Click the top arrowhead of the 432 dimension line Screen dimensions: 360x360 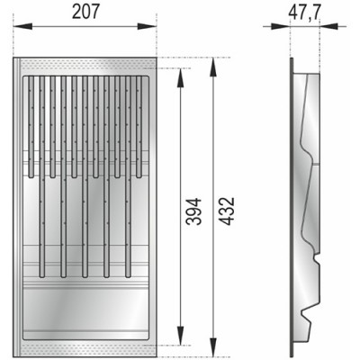(x=212, y=64)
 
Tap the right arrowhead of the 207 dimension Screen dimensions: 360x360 (x=154, y=26)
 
